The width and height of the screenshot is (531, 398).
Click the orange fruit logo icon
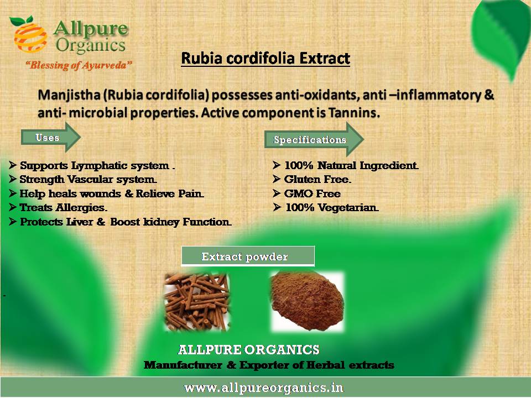[29, 35]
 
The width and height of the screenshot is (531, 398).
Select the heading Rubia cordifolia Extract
[265, 58]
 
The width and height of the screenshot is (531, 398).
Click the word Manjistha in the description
[69, 95]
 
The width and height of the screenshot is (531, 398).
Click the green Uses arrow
[51, 138]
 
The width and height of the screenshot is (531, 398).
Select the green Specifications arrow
[314, 139]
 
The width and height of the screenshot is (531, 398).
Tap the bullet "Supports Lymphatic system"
[92, 165]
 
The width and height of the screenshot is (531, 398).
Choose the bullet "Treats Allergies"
[58, 207]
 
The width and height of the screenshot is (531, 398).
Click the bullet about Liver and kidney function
[120, 222]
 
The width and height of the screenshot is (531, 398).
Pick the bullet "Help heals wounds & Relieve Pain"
[106, 193]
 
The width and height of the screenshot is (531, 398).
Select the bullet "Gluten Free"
[312, 179]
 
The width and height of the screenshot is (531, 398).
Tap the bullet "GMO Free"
[306, 193]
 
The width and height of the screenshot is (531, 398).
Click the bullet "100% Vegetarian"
[326, 207]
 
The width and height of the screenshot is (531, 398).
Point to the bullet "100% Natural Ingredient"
[346, 165]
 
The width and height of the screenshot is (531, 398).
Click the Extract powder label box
[248, 256]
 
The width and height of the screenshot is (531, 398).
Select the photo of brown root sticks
[197, 302]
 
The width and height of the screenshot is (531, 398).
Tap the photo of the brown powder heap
[307, 301]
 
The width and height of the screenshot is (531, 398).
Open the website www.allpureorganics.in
[264, 387]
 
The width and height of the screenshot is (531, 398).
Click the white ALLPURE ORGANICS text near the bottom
[248, 349]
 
